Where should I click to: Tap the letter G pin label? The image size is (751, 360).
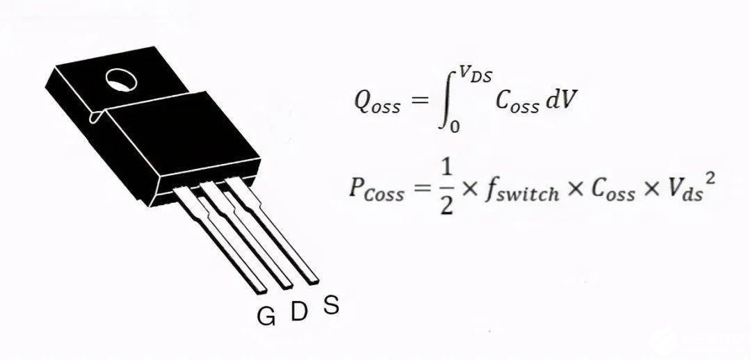[x=266, y=316]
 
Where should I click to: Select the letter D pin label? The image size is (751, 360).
[x=298, y=312]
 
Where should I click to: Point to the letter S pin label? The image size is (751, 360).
[x=332, y=304]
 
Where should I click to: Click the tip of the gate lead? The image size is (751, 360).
[x=260, y=286]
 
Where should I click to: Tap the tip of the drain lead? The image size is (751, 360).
[x=286, y=284]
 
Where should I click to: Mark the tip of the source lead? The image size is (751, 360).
[x=313, y=280]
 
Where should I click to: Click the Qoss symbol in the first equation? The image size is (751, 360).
[x=376, y=104]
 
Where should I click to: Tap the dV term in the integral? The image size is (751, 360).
[x=560, y=101]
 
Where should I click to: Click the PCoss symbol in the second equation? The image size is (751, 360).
[x=376, y=190]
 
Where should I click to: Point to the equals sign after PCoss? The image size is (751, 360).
[x=421, y=189]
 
